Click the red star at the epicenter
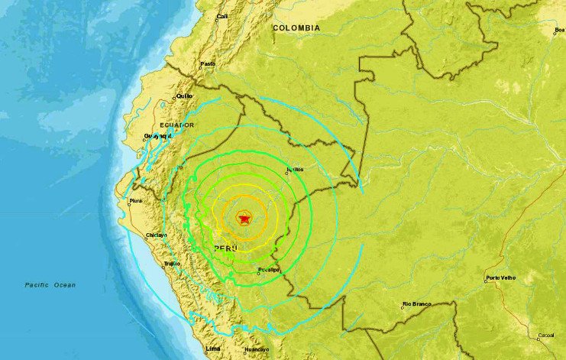click(244, 219)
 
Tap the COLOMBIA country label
click(296, 28)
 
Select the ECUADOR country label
click(176, 125)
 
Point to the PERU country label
click(225, 249)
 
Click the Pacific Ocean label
click(50, 285)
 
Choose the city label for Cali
click(222, 16)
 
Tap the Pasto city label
click(207, 64)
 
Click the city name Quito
click(185, 96)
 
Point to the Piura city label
click(135, 202)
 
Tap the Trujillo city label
click(171, 264)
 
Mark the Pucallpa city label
click(268, 270)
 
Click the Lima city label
click(214, 349)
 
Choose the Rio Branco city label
click(416, 304)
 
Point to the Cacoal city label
click(545, 335)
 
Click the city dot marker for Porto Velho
click(486, 281)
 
